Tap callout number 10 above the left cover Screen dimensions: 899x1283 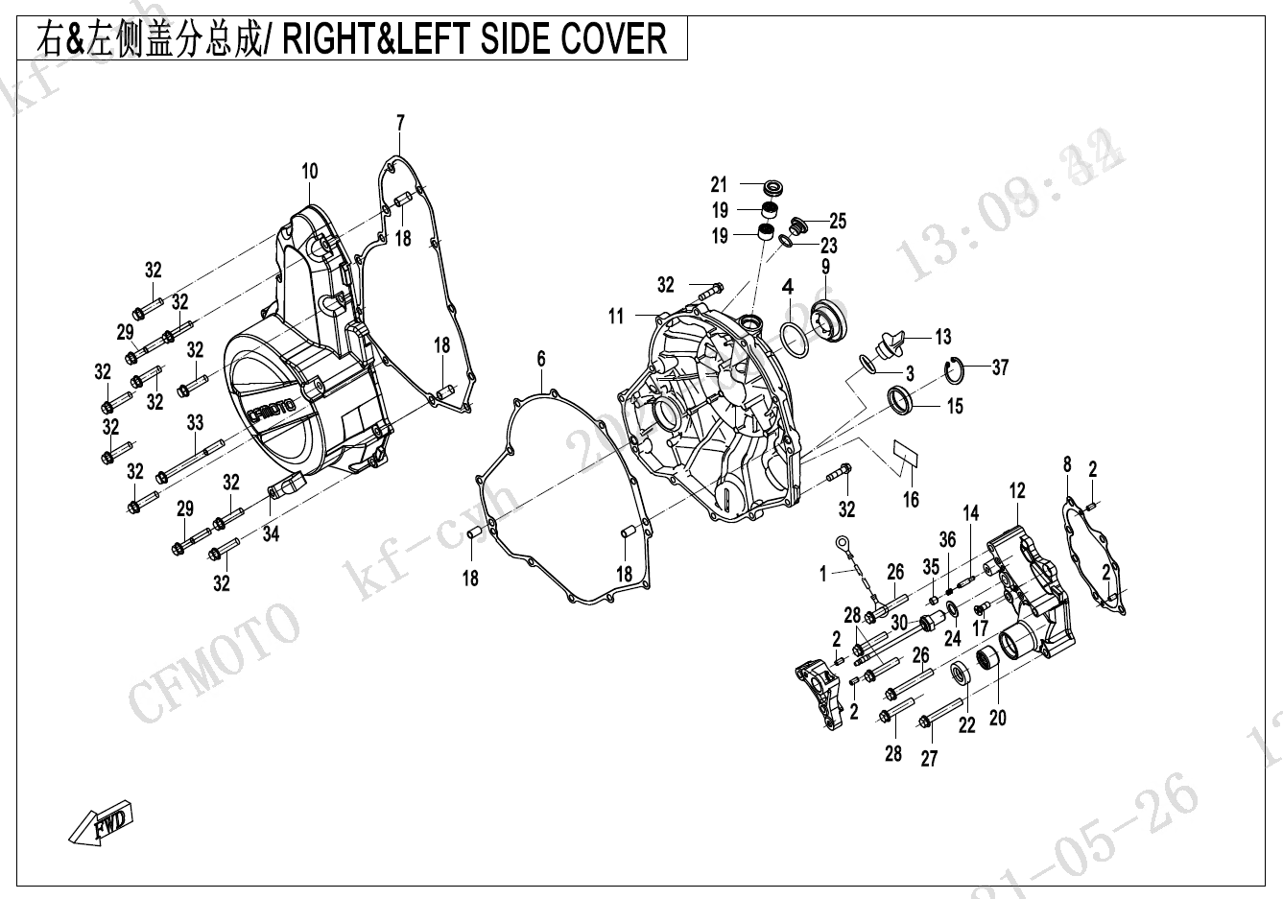click(309, 173)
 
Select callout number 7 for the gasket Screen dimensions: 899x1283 click(400, 123)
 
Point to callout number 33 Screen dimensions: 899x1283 click(195, 422)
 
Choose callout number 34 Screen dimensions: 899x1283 click(272, 534)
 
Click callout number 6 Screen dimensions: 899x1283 click(541, 359)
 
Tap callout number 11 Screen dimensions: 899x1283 click(615, 316)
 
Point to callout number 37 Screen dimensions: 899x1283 click(1001, 367)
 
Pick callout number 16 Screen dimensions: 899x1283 click(911, 499)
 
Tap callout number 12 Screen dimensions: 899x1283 click(1017, 491)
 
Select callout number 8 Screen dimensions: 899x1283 click(1067, 465)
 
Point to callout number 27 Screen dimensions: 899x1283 click(929, 758)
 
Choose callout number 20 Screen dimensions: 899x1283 click(998, 717)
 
